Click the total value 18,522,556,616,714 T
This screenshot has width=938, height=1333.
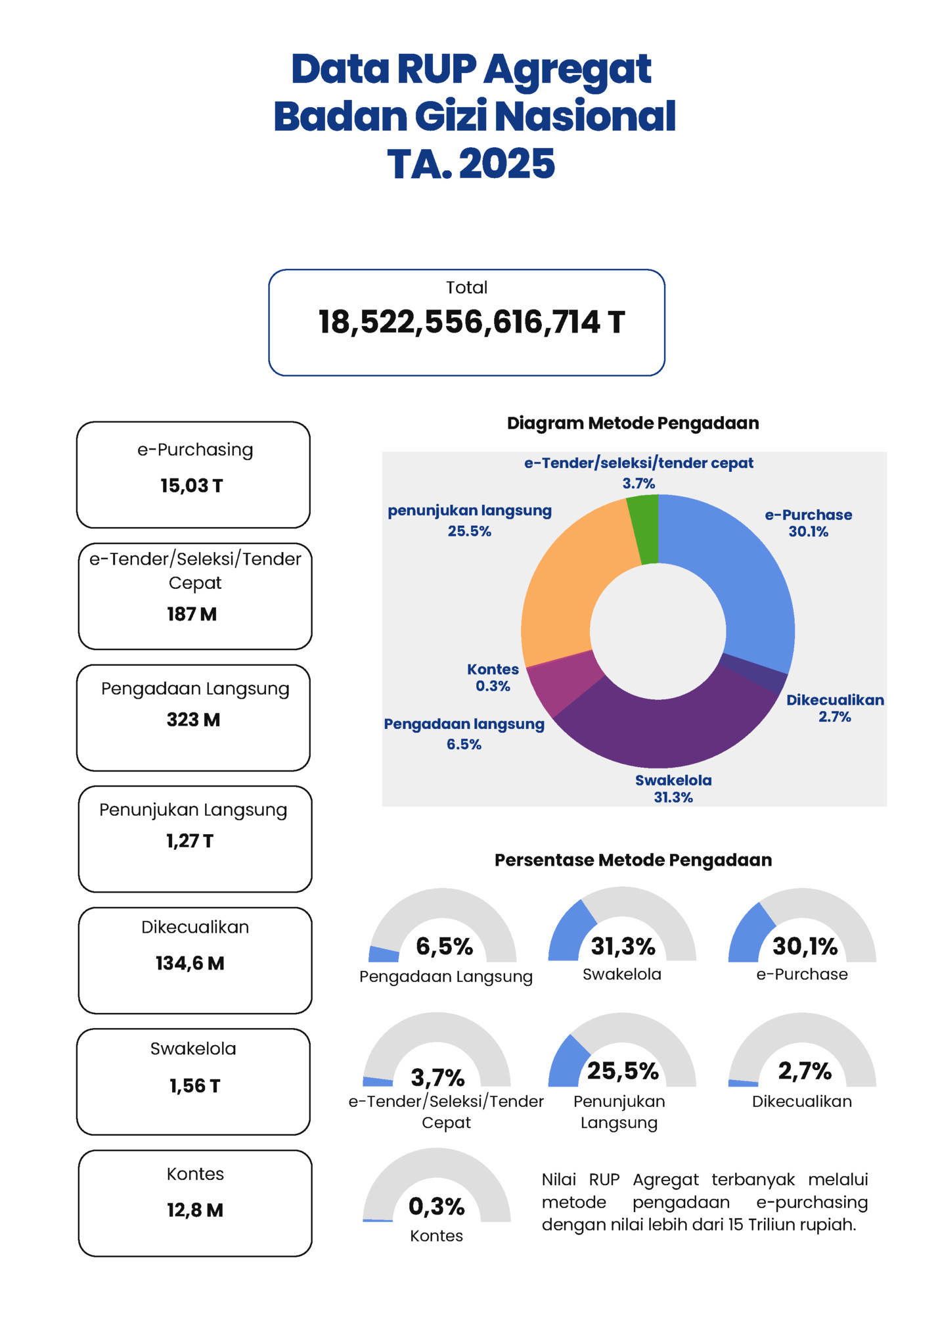click(x=471, y=323)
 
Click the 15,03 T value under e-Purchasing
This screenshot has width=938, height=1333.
click(x=192, y=486)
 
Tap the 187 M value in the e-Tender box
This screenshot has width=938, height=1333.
click(x=192, y=614)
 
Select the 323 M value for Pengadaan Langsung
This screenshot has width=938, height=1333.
click(x=193, y=720)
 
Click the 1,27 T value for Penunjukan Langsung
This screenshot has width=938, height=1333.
click(x=190, y=841)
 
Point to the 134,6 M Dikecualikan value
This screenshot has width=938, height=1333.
click(x=190, y=964)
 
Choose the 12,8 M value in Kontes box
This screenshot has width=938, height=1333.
click(x=195, y=1210)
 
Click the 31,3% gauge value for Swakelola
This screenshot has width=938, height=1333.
click(x=623, y=947)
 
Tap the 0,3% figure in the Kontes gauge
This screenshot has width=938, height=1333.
click(x=437, y=1207)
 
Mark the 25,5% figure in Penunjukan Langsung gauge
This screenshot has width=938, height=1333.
click(x=623, y=1071)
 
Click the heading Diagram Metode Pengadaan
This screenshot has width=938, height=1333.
click(x=633, y=423)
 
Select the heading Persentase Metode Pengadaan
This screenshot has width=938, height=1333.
click(x=633, y=860)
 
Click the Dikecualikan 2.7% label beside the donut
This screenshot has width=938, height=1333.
click(x=835, y=708)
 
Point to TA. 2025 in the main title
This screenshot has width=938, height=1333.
click(x=470, y=164)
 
